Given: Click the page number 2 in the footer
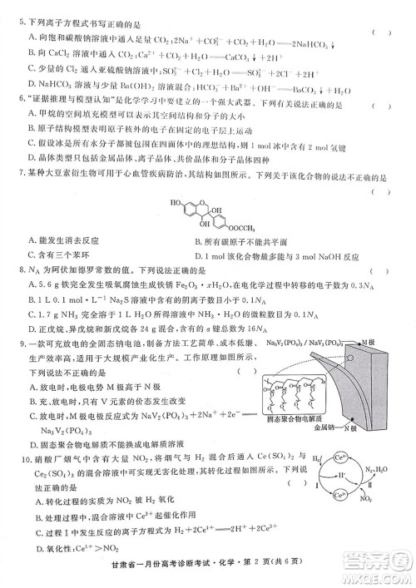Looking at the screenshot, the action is pos(271,572).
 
